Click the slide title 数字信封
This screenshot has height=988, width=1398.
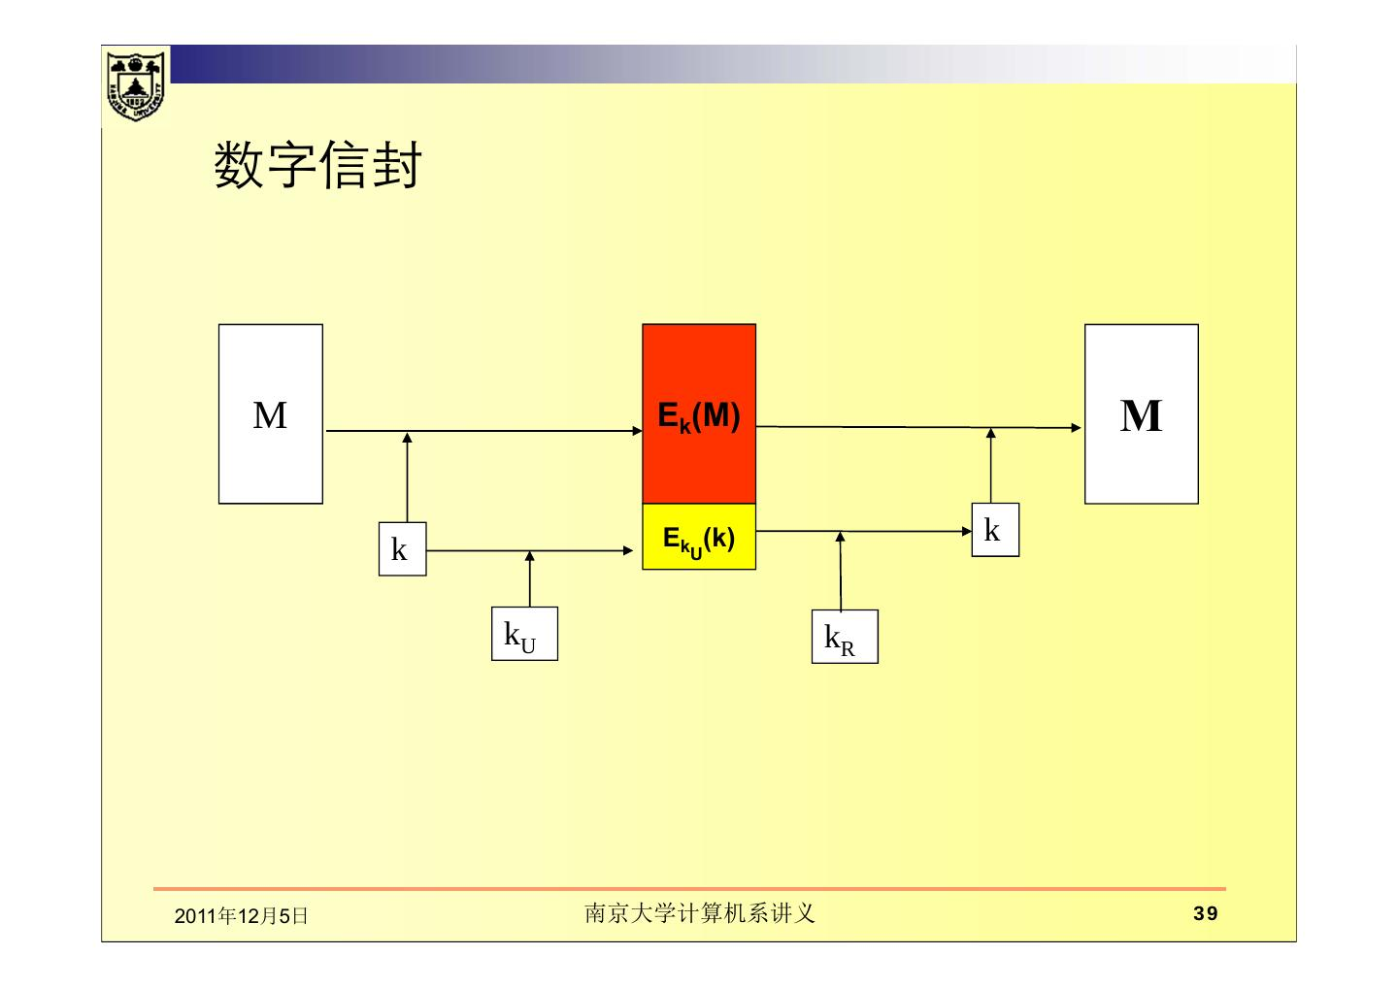click(317, 166)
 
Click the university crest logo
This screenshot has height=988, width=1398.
click(136, 84)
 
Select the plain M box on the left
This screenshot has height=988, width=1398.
click(270, 414)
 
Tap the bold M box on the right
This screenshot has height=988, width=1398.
click(1141, 414)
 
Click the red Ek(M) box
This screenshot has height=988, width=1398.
click(699, 414)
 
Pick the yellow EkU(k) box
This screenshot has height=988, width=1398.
click(699, 537)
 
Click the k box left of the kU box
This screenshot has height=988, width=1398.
click(402, 549)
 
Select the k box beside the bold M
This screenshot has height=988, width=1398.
click(995, 530)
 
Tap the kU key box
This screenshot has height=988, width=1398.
click(524, 634)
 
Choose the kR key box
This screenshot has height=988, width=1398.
click(845, 637)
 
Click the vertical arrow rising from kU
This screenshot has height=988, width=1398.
click(529, 579)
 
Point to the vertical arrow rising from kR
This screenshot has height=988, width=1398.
click(841, 573)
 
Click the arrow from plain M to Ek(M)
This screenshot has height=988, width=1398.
click(485, 431)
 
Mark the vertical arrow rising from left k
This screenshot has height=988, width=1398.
click(407, 478)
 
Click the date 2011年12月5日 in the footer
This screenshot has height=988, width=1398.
click(241, 915)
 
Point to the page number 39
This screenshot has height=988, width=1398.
click(1205, 913)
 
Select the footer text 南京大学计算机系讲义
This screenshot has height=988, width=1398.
click(699, 913)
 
